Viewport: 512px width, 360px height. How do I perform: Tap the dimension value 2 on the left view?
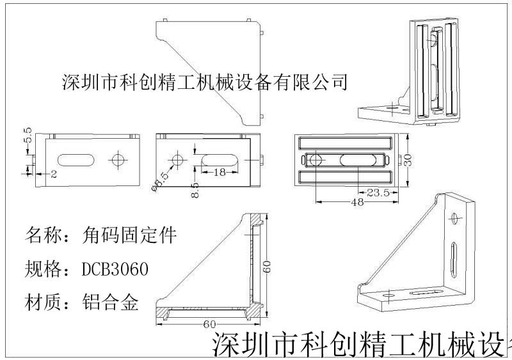coord(54,173)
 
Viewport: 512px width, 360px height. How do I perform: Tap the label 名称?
coord(43,235)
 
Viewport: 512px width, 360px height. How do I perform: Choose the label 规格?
coord(43,270)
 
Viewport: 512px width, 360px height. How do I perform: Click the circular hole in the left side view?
coord(118,159)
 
